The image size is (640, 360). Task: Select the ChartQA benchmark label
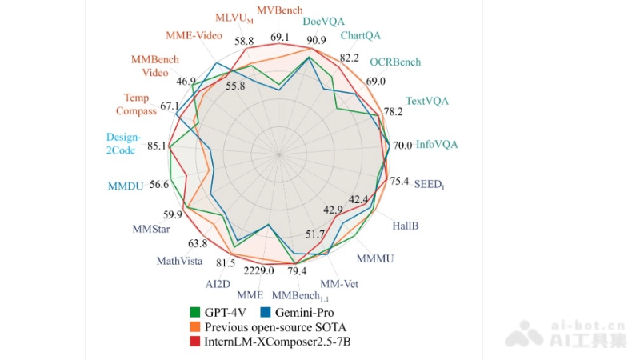(361, 36)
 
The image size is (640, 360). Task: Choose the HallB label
(405, 226)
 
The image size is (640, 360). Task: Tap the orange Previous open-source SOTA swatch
(194, 327)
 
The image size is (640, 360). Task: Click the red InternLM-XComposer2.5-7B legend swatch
(194, 342)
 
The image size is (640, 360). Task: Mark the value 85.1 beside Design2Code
(157, 146)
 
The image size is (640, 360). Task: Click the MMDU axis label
(126, 186)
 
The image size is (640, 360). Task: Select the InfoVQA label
(437, 145)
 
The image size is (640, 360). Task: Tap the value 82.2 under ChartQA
(349, 58)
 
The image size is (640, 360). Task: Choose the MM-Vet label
(340, 283)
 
